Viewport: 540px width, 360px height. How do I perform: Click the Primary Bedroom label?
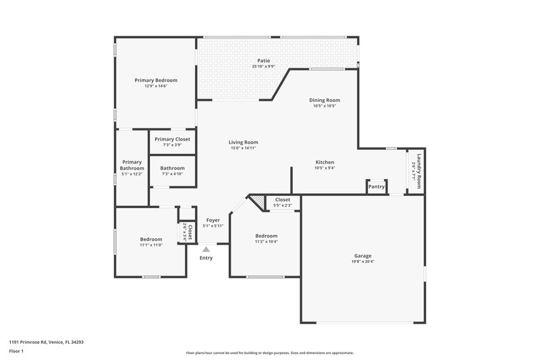(x=156, y=80)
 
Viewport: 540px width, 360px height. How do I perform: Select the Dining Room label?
(x=324, y=100)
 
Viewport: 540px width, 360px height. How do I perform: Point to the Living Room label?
(x=243, y=142)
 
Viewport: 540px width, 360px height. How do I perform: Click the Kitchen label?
(x=325, y=162)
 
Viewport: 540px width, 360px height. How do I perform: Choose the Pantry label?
(x=377, y=187)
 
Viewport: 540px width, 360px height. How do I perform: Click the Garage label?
(x=363, y=256)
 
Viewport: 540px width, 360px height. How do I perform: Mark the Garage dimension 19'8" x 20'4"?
(x=363, y=262)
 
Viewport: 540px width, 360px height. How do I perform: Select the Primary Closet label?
(x=172, y=139)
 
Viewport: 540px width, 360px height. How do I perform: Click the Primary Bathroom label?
(x=132, y=165)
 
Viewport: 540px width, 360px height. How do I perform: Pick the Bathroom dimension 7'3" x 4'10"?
(x=172, y=174)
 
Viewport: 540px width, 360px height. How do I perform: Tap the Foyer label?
(x=213, y=220)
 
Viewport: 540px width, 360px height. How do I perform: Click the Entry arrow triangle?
(x=206, y=249)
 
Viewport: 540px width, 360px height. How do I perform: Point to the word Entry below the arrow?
(x=206, y=258)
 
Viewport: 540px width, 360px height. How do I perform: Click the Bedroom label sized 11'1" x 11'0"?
(x=151, y=239)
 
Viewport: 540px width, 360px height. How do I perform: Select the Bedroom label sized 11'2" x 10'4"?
(x=266, y=236)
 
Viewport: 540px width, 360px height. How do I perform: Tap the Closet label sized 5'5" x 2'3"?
(x=282, y=200)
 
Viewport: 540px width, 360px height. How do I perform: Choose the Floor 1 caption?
(x=16, y=352)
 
